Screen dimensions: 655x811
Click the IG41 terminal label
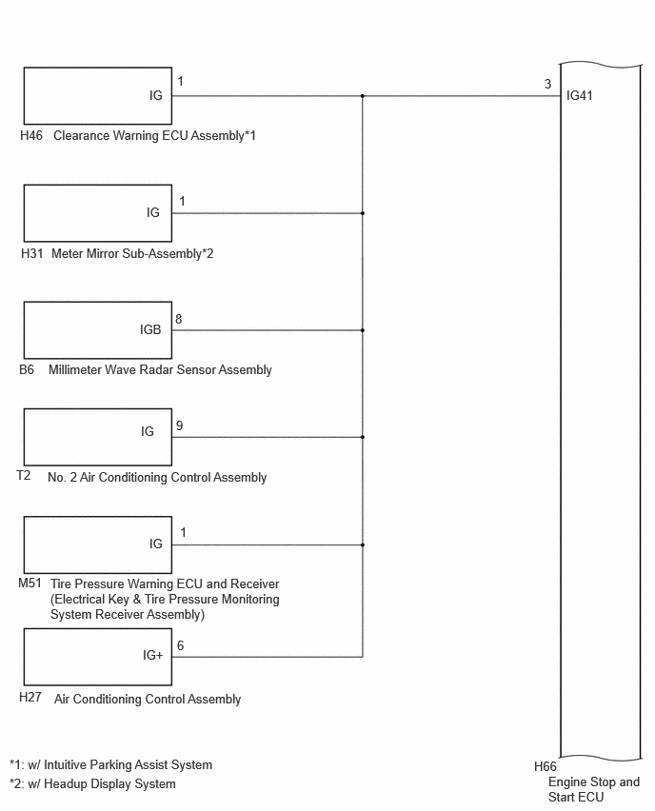click(x=580, y=96)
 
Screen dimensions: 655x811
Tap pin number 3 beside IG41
click(x=548, y=84)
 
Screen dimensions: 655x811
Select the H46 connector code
click(x=31, y=135)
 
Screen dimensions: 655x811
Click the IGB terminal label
click(x=150, y=329)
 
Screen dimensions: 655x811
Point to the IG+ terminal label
click(x=152, y=655)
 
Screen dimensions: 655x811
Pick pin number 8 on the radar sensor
click(x=178, y=319)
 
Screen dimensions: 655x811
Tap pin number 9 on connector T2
click(x=180, y=425)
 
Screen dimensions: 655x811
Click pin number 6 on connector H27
click(x=180, y=645)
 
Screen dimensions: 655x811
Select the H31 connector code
click(x=31, y=253)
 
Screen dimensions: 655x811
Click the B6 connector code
click(x=27, y=370)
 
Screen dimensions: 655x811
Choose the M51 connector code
click(x=30, y=583)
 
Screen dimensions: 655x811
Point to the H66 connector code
click(x=546, y=766)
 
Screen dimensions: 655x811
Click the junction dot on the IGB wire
click(x=363, y=330)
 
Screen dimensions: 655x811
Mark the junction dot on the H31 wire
click(x=363, y=213)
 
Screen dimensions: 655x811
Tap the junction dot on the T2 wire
click(x=363, y=437)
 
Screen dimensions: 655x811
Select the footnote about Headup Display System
click(x=92, y=784)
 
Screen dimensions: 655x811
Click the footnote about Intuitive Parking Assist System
click(x=110, y=765)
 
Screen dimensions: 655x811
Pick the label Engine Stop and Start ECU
click(x=594, y=789)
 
